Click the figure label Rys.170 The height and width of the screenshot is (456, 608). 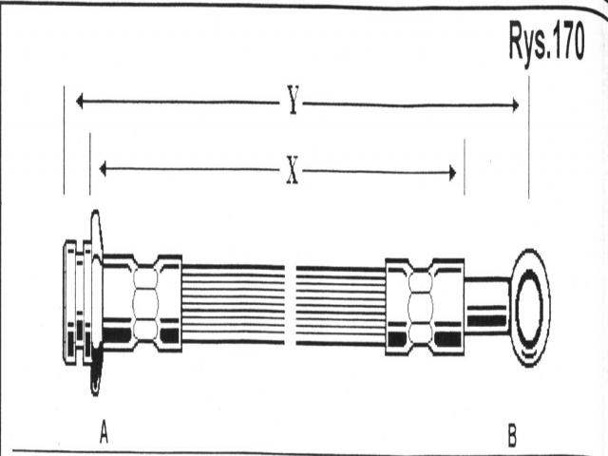(x=545, y=44)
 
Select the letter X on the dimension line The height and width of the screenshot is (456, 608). (x=293, y=171)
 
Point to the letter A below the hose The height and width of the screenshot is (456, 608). (x=104, y=434)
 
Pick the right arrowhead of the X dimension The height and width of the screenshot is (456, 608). (x=451, y=173)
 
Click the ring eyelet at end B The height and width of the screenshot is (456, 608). (x=529, y=306)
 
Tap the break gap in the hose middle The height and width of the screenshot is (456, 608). (x=291, y=302)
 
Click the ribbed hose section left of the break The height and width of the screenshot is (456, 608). (x=233, y=302)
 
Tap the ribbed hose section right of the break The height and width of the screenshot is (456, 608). (x=340, y=304)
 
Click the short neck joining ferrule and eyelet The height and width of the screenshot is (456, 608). (x=485, y=304)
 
